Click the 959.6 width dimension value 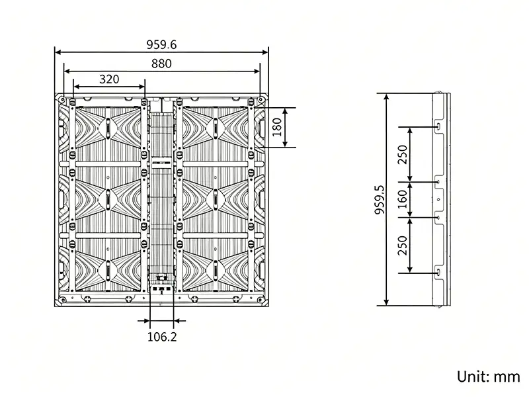click(161, 44)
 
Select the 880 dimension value click(161, 64)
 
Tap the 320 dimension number click(109, 79)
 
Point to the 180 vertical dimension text click(276, 127)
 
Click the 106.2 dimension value click(162, 337)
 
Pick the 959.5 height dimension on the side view click(380, 200)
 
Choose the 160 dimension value click(403, 199)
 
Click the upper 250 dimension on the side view click(403, 154)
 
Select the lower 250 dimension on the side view click(403, 245)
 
